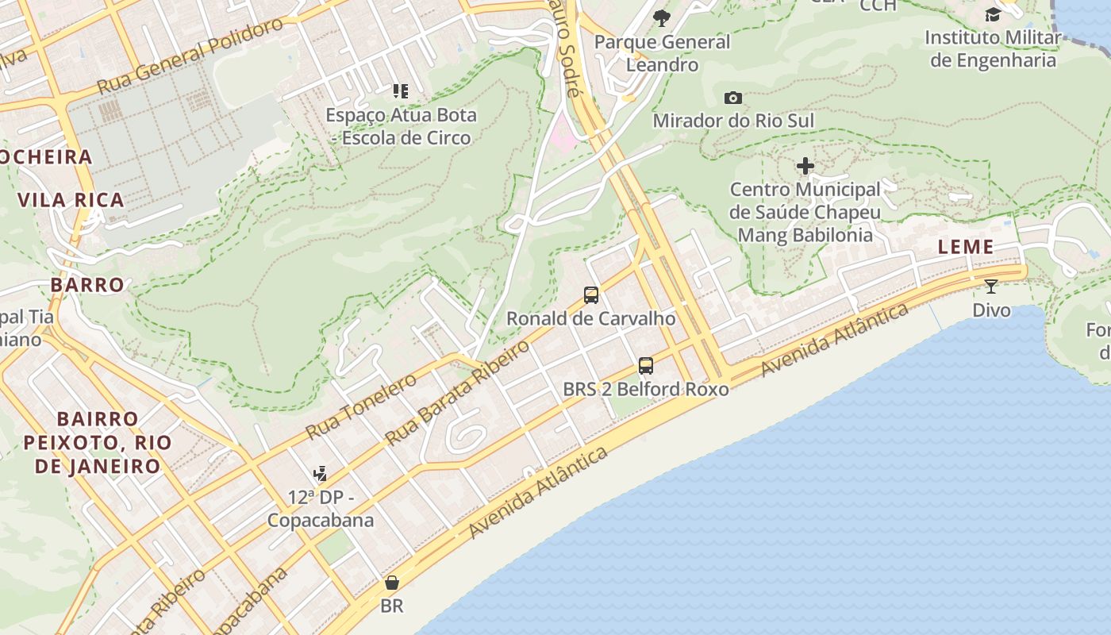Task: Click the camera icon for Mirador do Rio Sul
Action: click(x=733, y=98)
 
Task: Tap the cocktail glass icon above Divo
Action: click(x=991, y=286)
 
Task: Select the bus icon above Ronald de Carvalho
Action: click(x=591, y=295)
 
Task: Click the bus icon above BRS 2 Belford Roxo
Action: click(x=646, y=366)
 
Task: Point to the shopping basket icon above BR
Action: click(x=391, y=583)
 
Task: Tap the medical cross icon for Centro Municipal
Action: click(x=805, y=166)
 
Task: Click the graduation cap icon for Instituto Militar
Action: click(x=993, y=14)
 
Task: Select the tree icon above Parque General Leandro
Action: click(x=661, y=18)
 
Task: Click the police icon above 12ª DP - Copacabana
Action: click(x=320, y=474)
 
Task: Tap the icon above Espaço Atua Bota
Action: click(x=401, y=91)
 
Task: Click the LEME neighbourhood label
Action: click(x=966, y=247)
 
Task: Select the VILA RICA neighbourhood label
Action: click(x=71, y=200)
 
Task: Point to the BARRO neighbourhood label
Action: click(x=87, y=285)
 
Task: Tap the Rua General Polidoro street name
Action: click(x=190, y=55)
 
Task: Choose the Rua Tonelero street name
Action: click(x=361, y=406)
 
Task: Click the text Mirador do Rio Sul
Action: click(x=733, y=121)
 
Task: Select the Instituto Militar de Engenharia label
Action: click(x=993, y=48)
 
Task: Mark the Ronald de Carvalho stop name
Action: click(x=591, y=318)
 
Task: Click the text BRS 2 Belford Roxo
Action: click(x=646, y=389)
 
